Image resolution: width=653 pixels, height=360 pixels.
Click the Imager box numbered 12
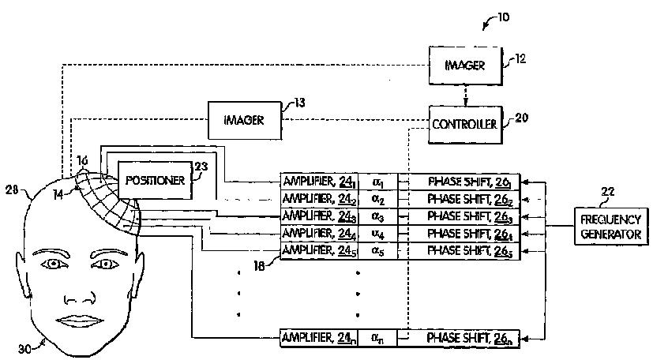pos(465,65)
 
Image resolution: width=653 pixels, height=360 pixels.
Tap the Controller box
pos(463,125)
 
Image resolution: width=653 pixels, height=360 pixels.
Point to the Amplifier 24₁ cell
pos(319,180)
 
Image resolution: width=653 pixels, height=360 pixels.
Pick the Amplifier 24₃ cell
pos(319,216)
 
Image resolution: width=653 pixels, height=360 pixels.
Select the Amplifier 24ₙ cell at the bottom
pos(319,338)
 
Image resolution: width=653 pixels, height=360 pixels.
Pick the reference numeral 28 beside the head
pos(12,189)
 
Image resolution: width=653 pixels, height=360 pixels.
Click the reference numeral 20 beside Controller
pos(522,118)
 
